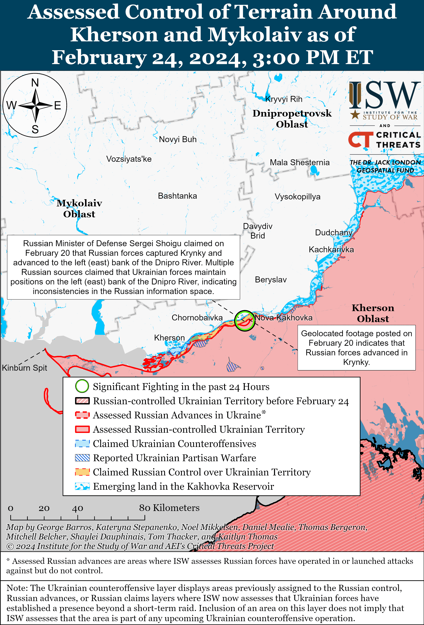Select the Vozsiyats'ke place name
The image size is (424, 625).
pos(129,159)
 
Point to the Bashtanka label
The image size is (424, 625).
pos(177,196)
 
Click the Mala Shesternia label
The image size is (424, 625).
pos(299,162)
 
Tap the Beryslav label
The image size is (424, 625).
pos(271,280)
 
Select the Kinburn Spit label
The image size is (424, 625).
pos(24,368)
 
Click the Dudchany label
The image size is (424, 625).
pos(334,232)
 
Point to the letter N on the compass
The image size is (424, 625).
pos(35,83)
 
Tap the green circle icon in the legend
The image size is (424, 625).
pos(82,386)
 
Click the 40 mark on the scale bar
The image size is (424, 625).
pos(77,508)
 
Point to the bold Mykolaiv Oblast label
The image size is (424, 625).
pos(79,208)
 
